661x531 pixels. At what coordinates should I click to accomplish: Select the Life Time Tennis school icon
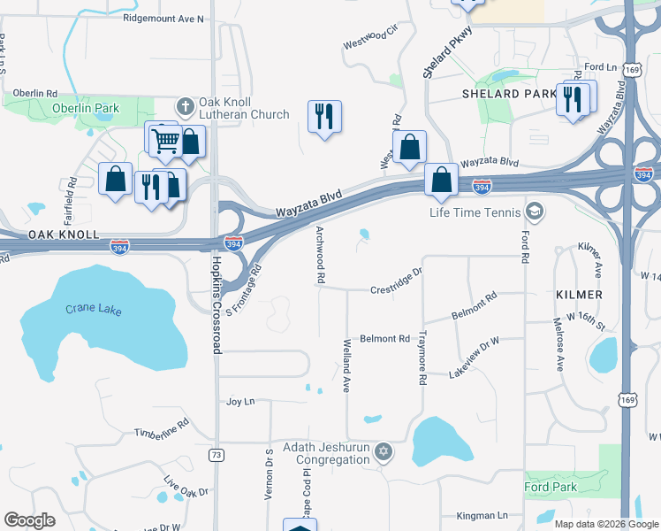pyautogui.click(x=533, y=212)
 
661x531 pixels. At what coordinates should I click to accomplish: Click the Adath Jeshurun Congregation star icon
pyautogui.click(x=383, y=453)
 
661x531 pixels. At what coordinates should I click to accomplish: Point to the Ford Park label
pyautogui.click(x=551, y=488)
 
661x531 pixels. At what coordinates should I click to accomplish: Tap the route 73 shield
pyautogui.click(x=216, y=455)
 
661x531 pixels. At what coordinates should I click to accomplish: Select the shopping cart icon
pyautogui.click(x=164, y=140)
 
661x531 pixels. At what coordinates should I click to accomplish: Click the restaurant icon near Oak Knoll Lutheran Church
pyautogui.click(x=324, y=116)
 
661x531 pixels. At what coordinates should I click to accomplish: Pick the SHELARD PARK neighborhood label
pyautogui.click(x=502, y=93)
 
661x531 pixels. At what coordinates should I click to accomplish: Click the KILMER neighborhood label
pyautogui.click(x=580, y=294)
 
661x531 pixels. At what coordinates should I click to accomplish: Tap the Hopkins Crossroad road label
pyautogui.click(x=216, y=305)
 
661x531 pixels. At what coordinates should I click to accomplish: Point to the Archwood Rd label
pyautogui.click(x=319, y=255)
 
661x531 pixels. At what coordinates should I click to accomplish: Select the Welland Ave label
pyautogui.click(x=347, y=365)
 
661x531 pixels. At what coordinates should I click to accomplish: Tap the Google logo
pyautogui.click(x=30, y=520)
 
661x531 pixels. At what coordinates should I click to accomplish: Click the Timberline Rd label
pyautogui.click(x=162, y=427)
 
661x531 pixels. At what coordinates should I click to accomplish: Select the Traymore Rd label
pyautogui.click(x=422, y=358)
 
